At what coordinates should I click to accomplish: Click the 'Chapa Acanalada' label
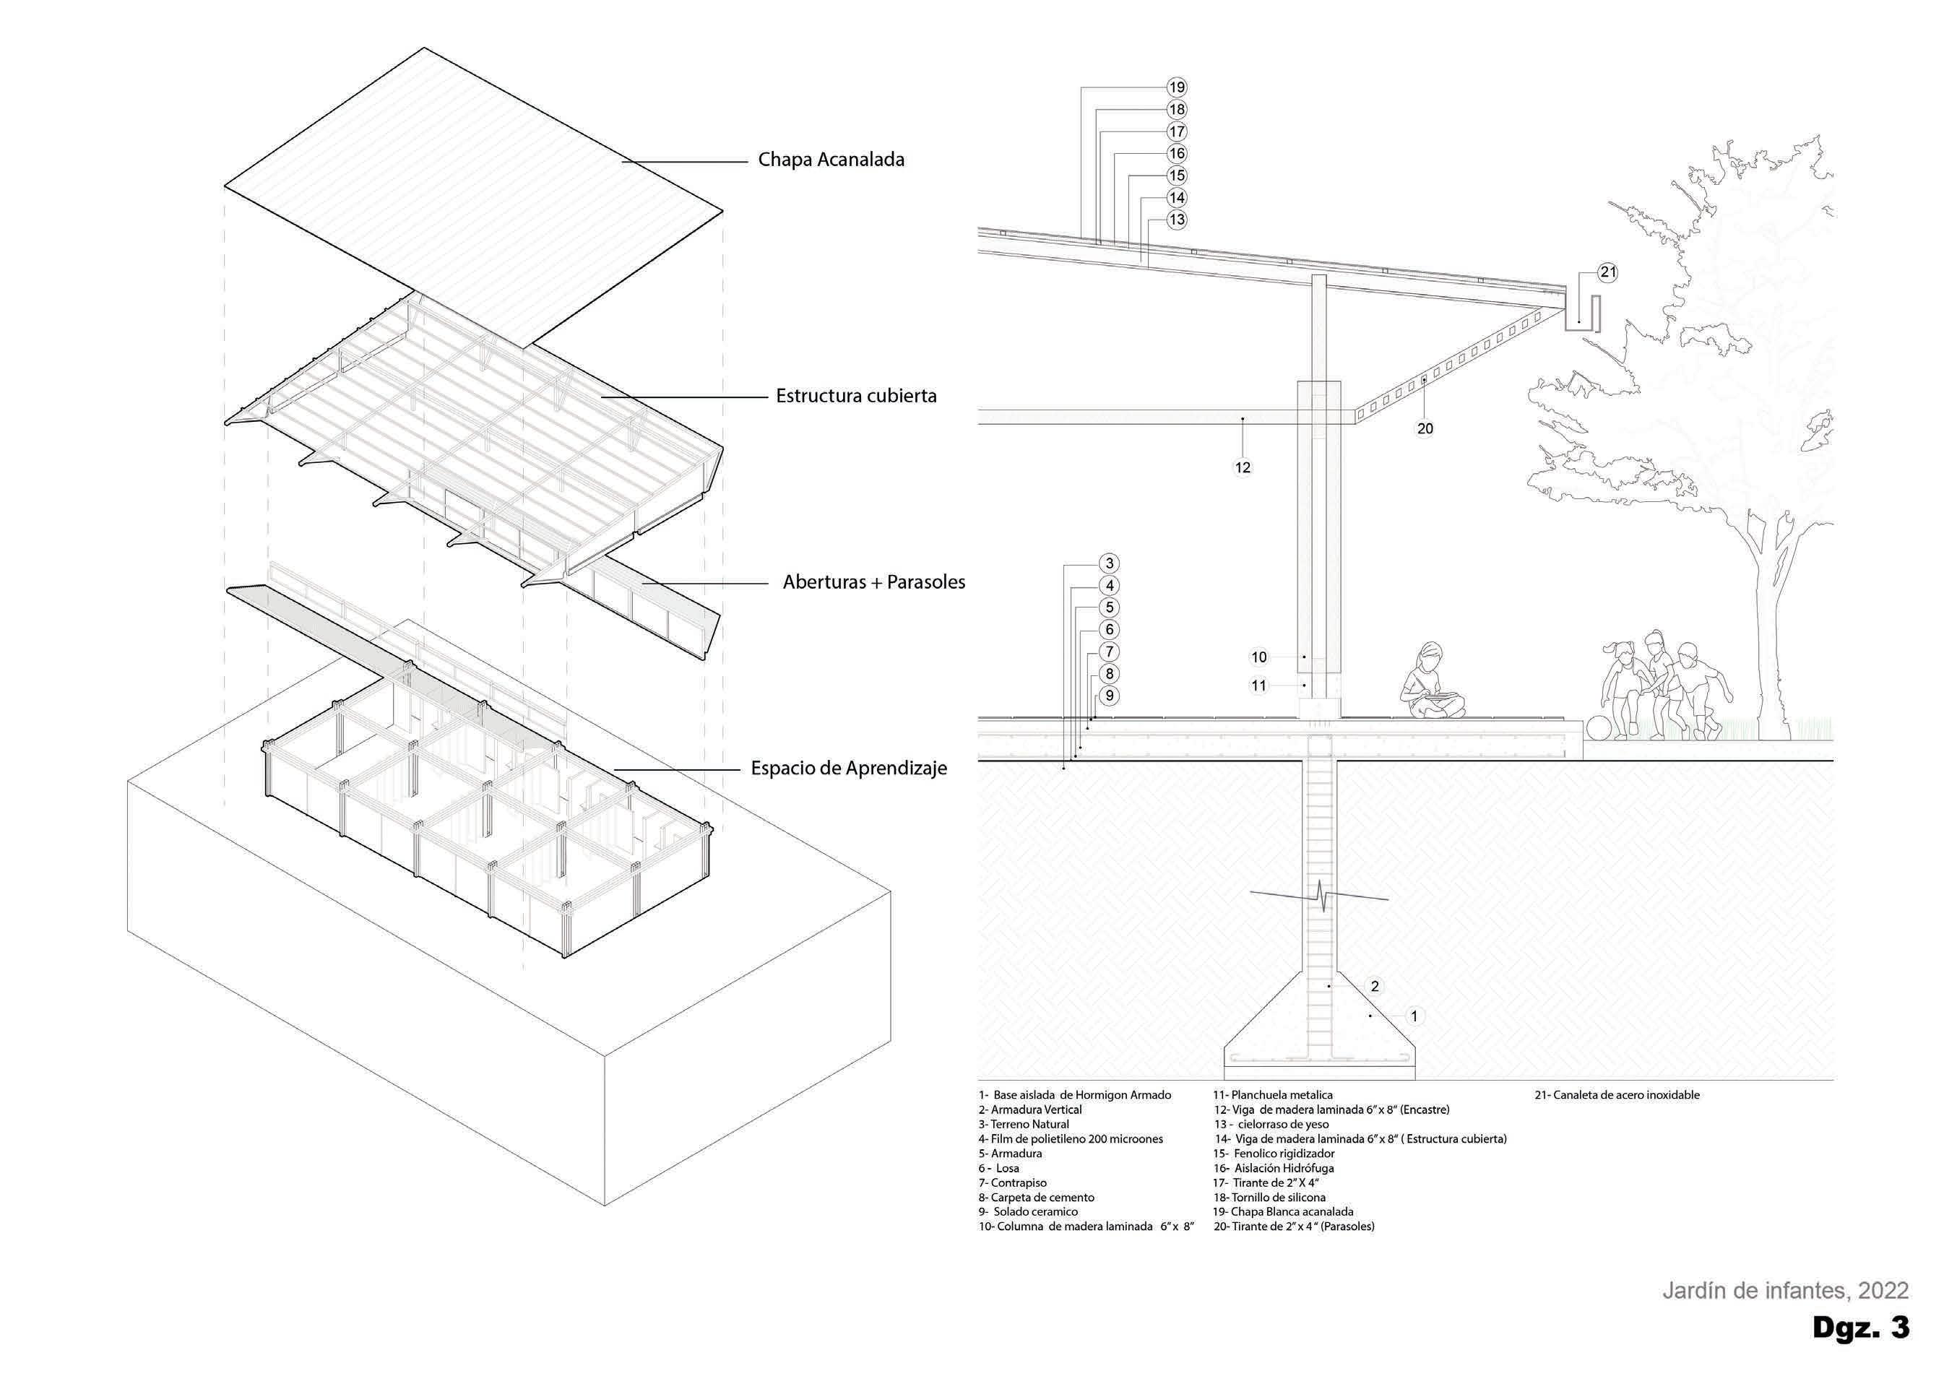click(x=831, y=160)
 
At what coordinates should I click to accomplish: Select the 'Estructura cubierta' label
click(x=856, y=397)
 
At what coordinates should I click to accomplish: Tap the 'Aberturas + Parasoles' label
click(x=873, y=583)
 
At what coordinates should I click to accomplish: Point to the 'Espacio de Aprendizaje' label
click(x=849, y=769)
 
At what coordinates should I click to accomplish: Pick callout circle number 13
click(x=1177, y=220)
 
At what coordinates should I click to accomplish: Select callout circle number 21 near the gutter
click(x=1607, y=273)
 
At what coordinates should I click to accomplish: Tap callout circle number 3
click(x=1109, y=563)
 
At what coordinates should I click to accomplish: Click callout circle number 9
click(x=1109, y=696)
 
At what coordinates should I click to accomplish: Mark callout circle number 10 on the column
click(x=1259, y=657)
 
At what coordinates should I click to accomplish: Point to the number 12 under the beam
click(x=1243, y=468)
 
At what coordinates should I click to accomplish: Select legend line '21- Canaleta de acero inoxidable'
click(x=1617, y=1095)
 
